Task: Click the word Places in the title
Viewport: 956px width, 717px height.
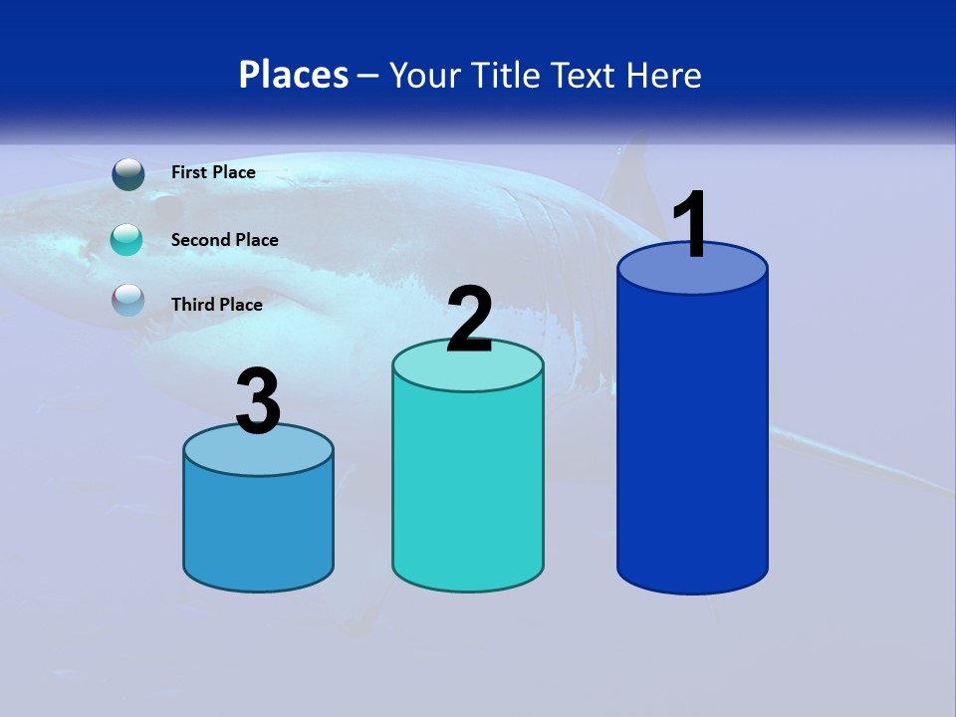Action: [294, 75]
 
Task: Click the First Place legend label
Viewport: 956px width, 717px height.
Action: [213, 172]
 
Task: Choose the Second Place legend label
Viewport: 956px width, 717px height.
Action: [224, 240]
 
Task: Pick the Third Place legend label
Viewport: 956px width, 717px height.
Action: [216, 305]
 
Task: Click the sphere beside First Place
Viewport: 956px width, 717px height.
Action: [128, 174]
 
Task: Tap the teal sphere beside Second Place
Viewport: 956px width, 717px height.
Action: [128, 239]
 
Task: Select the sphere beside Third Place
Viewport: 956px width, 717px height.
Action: [128, 300]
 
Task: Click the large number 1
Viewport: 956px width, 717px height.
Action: [691, 225]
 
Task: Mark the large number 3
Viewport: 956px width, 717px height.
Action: [258, 401]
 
